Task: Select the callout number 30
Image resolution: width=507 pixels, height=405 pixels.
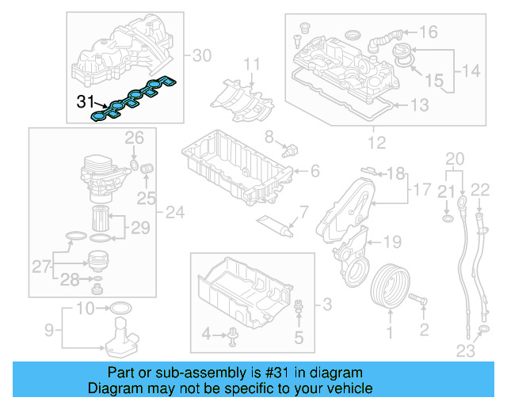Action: (203, 55)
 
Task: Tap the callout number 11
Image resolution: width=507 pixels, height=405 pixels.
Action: (251, 63)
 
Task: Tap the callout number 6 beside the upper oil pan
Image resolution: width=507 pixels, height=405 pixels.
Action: (315, 171)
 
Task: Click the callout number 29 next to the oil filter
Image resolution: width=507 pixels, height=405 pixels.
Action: (140, 229)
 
